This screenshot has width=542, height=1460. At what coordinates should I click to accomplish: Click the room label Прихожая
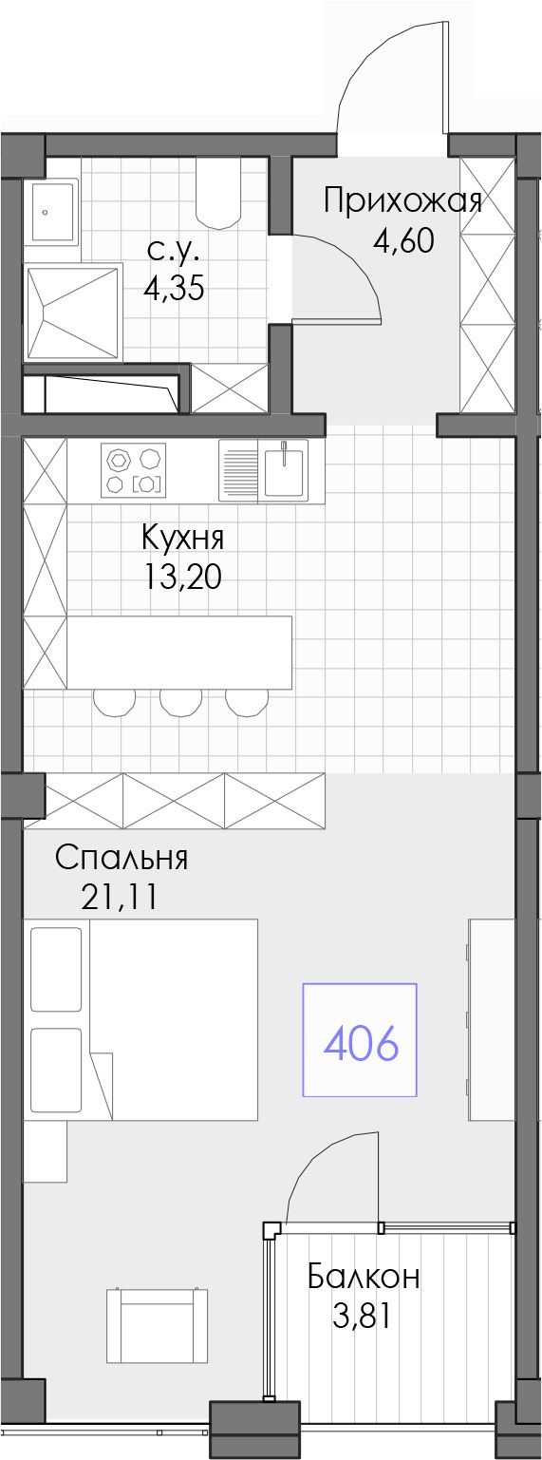pos(403,201)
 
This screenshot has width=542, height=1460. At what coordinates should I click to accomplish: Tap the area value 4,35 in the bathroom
pos(174,287)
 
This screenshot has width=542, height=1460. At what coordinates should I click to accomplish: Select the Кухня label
pos(182,539)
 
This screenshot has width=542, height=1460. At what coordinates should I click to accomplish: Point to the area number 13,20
pos(182,577)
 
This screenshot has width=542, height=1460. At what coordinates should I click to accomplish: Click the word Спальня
pos(121,858)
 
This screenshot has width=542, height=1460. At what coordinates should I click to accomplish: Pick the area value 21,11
pos(120,897)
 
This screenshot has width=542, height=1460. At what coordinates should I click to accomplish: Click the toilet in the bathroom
pos(218,192)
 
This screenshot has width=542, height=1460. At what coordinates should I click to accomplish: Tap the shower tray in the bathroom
pos(73,313)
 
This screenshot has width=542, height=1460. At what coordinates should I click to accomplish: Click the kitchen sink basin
pos(284,470)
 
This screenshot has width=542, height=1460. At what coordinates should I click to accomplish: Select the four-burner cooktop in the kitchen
pos(133,470)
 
